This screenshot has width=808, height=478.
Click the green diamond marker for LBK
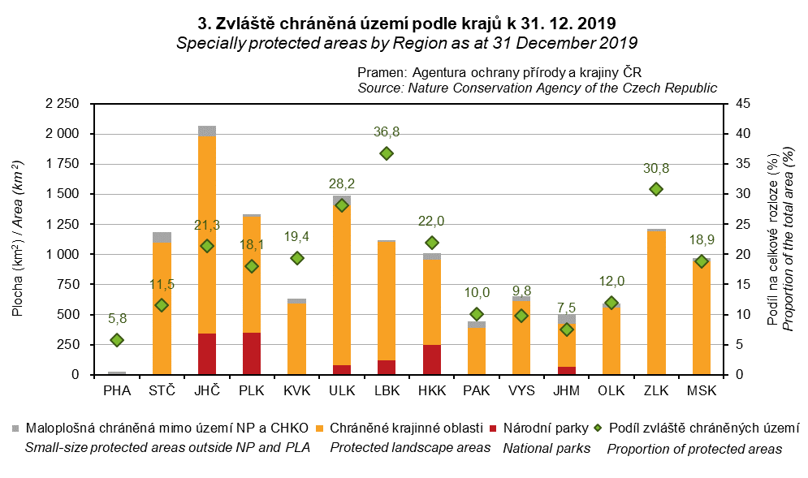pos(387,153)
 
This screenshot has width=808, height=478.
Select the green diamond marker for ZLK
pos(656,189)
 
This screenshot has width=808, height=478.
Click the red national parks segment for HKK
pos(431,360)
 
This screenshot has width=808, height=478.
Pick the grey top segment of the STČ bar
pos(162,238)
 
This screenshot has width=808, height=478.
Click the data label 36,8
pos(387,132)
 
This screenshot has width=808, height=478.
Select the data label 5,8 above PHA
pos(117,319)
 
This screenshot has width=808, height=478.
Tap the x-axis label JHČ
pos(207,391)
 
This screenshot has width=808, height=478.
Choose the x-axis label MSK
pos(702,391)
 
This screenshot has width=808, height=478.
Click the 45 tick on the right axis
pos(741,104)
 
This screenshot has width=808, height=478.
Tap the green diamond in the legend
pos(599,428)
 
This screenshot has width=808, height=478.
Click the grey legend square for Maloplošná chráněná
pos(16,428)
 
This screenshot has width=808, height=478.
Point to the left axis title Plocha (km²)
pos(18,239)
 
